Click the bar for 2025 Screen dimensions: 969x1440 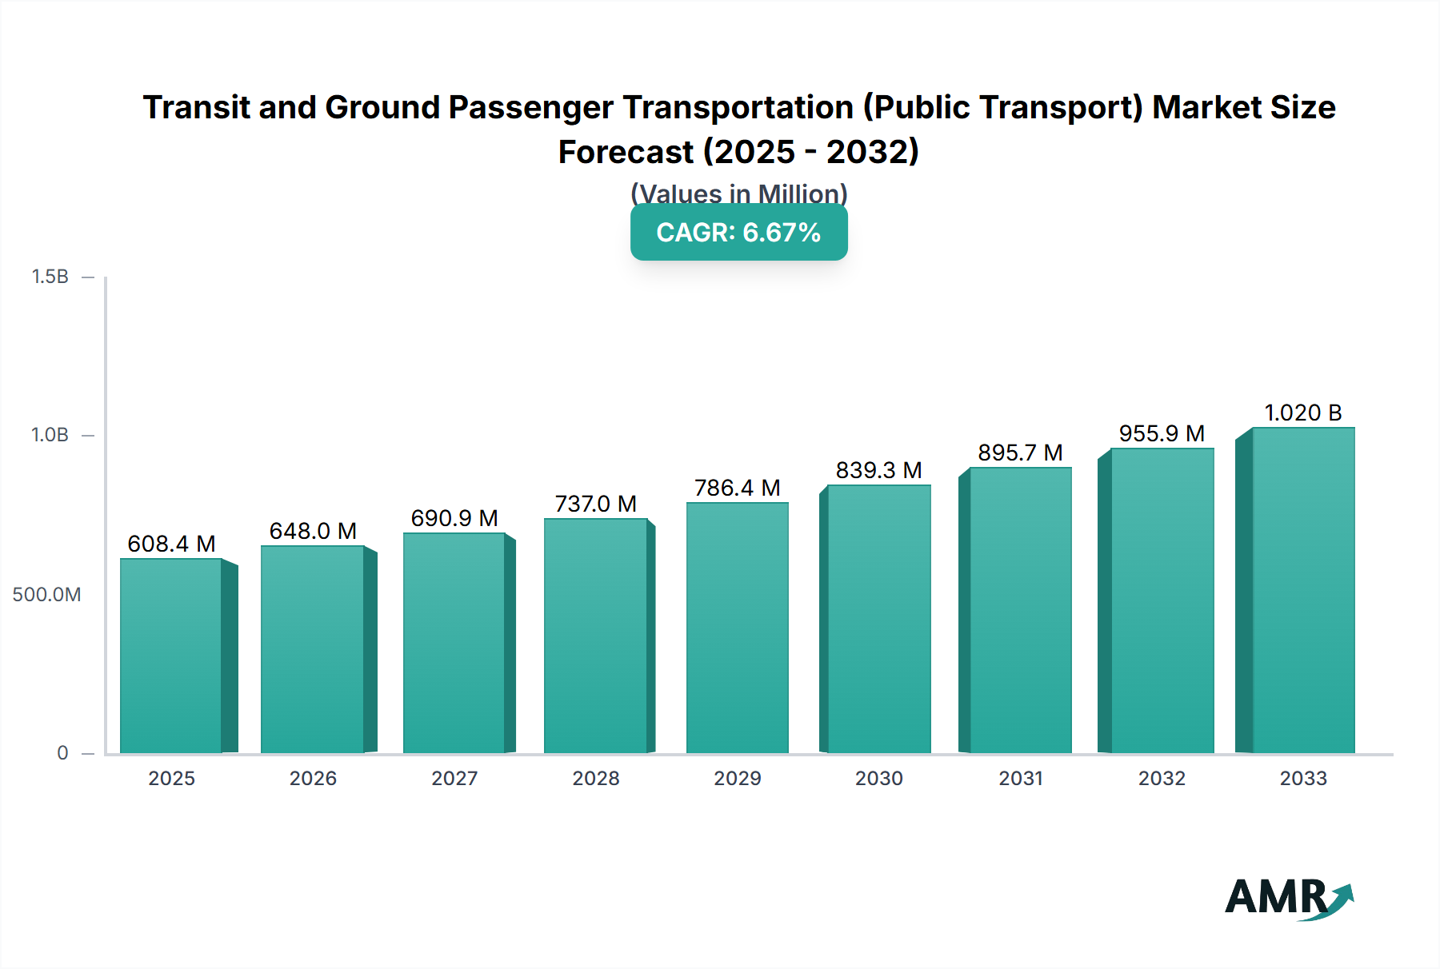[171, 656]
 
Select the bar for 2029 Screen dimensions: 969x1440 [737, 628]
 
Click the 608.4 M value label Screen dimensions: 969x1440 [171, 544]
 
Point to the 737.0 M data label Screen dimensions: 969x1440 [595, 504]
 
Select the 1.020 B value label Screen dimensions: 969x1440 [1302, 413]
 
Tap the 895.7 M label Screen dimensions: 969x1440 [1020, 453]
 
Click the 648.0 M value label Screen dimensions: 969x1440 [313, 531]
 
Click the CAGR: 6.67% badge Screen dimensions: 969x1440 [738, 232]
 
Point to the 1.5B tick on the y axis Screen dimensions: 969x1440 [50, 277]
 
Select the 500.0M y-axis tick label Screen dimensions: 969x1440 [46, 594]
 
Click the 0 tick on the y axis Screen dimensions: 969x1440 [62, 752]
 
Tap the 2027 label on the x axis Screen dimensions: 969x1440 [454, 778]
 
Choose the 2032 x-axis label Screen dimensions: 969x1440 [1162, 778]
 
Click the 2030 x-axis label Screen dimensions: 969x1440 [878, 778]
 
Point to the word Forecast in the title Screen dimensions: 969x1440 [626, 152]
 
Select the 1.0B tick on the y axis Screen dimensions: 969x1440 [50, 435]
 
